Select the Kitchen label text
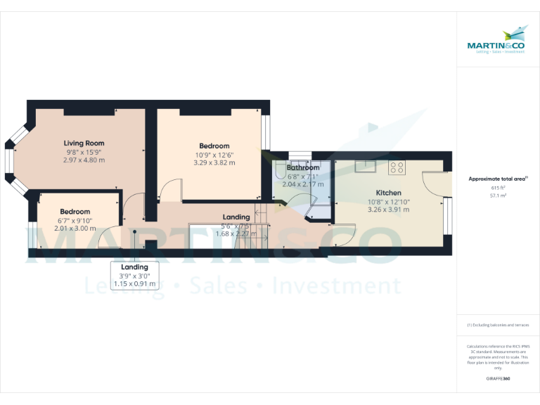click(388, 193)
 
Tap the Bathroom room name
click(303, 168)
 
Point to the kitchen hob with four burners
click(397, 167)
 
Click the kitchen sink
click(365, 166)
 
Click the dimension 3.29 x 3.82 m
click(214, 162)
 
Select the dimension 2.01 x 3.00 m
click(75, 228)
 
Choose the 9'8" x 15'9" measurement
click(84, 152)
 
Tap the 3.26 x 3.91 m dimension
click(388, 209)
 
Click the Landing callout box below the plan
click(134, 276)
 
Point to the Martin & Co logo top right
click(498, 40)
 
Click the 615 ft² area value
click(498, 188)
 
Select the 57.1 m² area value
click(498, 195)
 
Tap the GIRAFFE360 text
click(498, 379)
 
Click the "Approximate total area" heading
click(497, 179)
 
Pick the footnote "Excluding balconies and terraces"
click(498, 325)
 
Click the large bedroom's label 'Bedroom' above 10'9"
click(214, 146)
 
